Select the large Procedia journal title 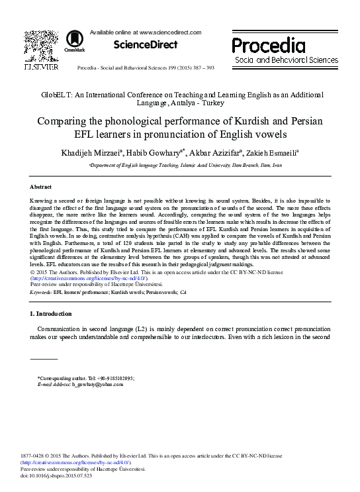click(x=269, y=45)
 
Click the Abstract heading click(x=42, y=187)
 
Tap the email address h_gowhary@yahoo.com click(x=90, y=383)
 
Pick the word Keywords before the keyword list click(x=43, y=291)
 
